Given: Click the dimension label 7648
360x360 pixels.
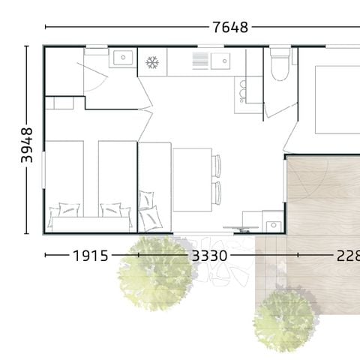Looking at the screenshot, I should coord(230,28).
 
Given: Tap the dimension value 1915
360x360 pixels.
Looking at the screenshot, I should coord(90,256).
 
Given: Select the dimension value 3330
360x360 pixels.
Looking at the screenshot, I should coord(210,256).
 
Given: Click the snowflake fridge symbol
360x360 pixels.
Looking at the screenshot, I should coord(152,61).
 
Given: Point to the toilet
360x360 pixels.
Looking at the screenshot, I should coord(279,67).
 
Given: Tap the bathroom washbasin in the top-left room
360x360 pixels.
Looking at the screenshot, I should coord(121,57).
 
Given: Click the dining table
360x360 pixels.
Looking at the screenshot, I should coord(193,175).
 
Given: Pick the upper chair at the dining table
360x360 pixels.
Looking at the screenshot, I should coord(217,163).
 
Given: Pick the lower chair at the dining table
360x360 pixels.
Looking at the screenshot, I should coord(217,192).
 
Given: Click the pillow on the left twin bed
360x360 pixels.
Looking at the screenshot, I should coord(64,210).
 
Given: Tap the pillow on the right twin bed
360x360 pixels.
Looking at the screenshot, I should coord(112,209).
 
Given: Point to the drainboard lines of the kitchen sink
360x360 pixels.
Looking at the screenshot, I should coord(199,60).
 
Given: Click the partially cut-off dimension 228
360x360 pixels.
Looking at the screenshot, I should coord(346,256).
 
